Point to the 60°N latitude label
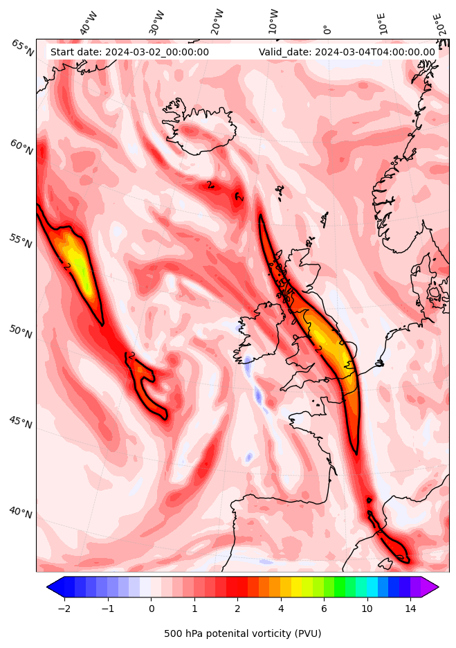point(21,147)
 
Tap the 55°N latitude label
point(21,242)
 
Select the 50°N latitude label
point(21,332)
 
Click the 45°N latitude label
point(21,421)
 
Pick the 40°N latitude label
point(21,512)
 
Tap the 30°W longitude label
point(157,23)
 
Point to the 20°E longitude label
point(439,23)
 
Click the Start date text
point(129,52)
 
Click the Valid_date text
point(347,52)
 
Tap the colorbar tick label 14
point(410,609)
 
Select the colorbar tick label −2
point(64,609)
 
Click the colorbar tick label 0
point(151,609)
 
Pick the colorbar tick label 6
point(324,609)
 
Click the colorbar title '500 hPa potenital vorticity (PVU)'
point(242,633)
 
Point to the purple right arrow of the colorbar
point(430,586)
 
